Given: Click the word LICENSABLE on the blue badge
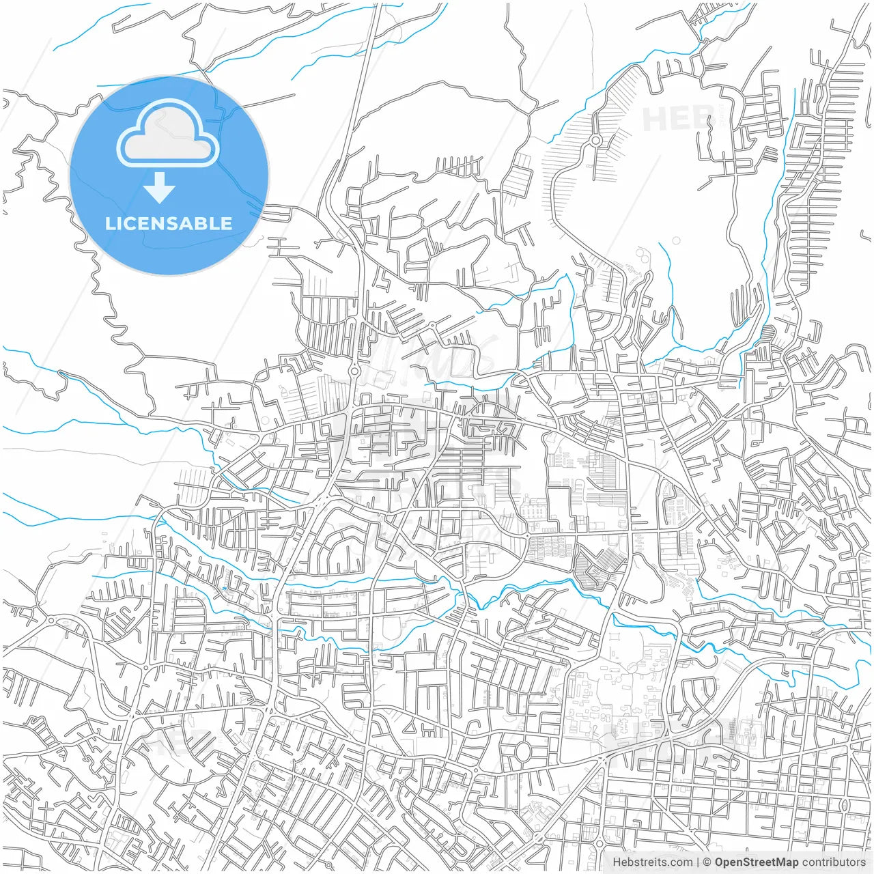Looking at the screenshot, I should coord(169,223).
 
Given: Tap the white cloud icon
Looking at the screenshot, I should coord(167,133).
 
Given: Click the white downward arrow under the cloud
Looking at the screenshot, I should coord(160,188).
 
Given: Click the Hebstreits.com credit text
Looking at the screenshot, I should coord(651,862).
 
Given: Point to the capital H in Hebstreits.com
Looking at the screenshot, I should coord(617,862).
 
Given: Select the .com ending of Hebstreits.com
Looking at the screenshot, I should coord(679,862).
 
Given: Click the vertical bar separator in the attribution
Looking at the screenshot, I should coord(697,862).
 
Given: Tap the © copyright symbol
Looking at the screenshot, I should coord(707,862).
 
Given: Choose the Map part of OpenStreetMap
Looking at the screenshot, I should coord(788,862).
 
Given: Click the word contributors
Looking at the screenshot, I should coord(834,862).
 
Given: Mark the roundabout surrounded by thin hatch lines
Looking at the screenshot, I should coord(595,141).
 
